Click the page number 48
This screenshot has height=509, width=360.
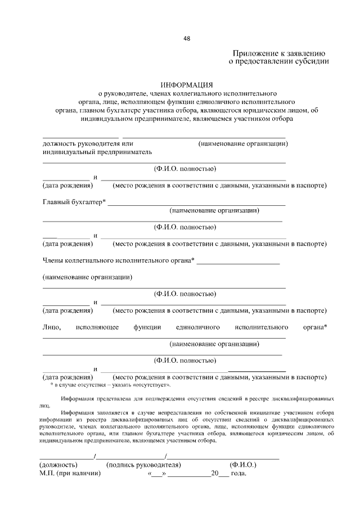187,39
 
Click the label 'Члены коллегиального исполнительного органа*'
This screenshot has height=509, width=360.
119,260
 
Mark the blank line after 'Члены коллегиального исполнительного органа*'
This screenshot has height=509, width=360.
238,263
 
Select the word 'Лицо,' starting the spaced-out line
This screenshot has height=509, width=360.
52,327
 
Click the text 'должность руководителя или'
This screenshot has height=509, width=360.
88,143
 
